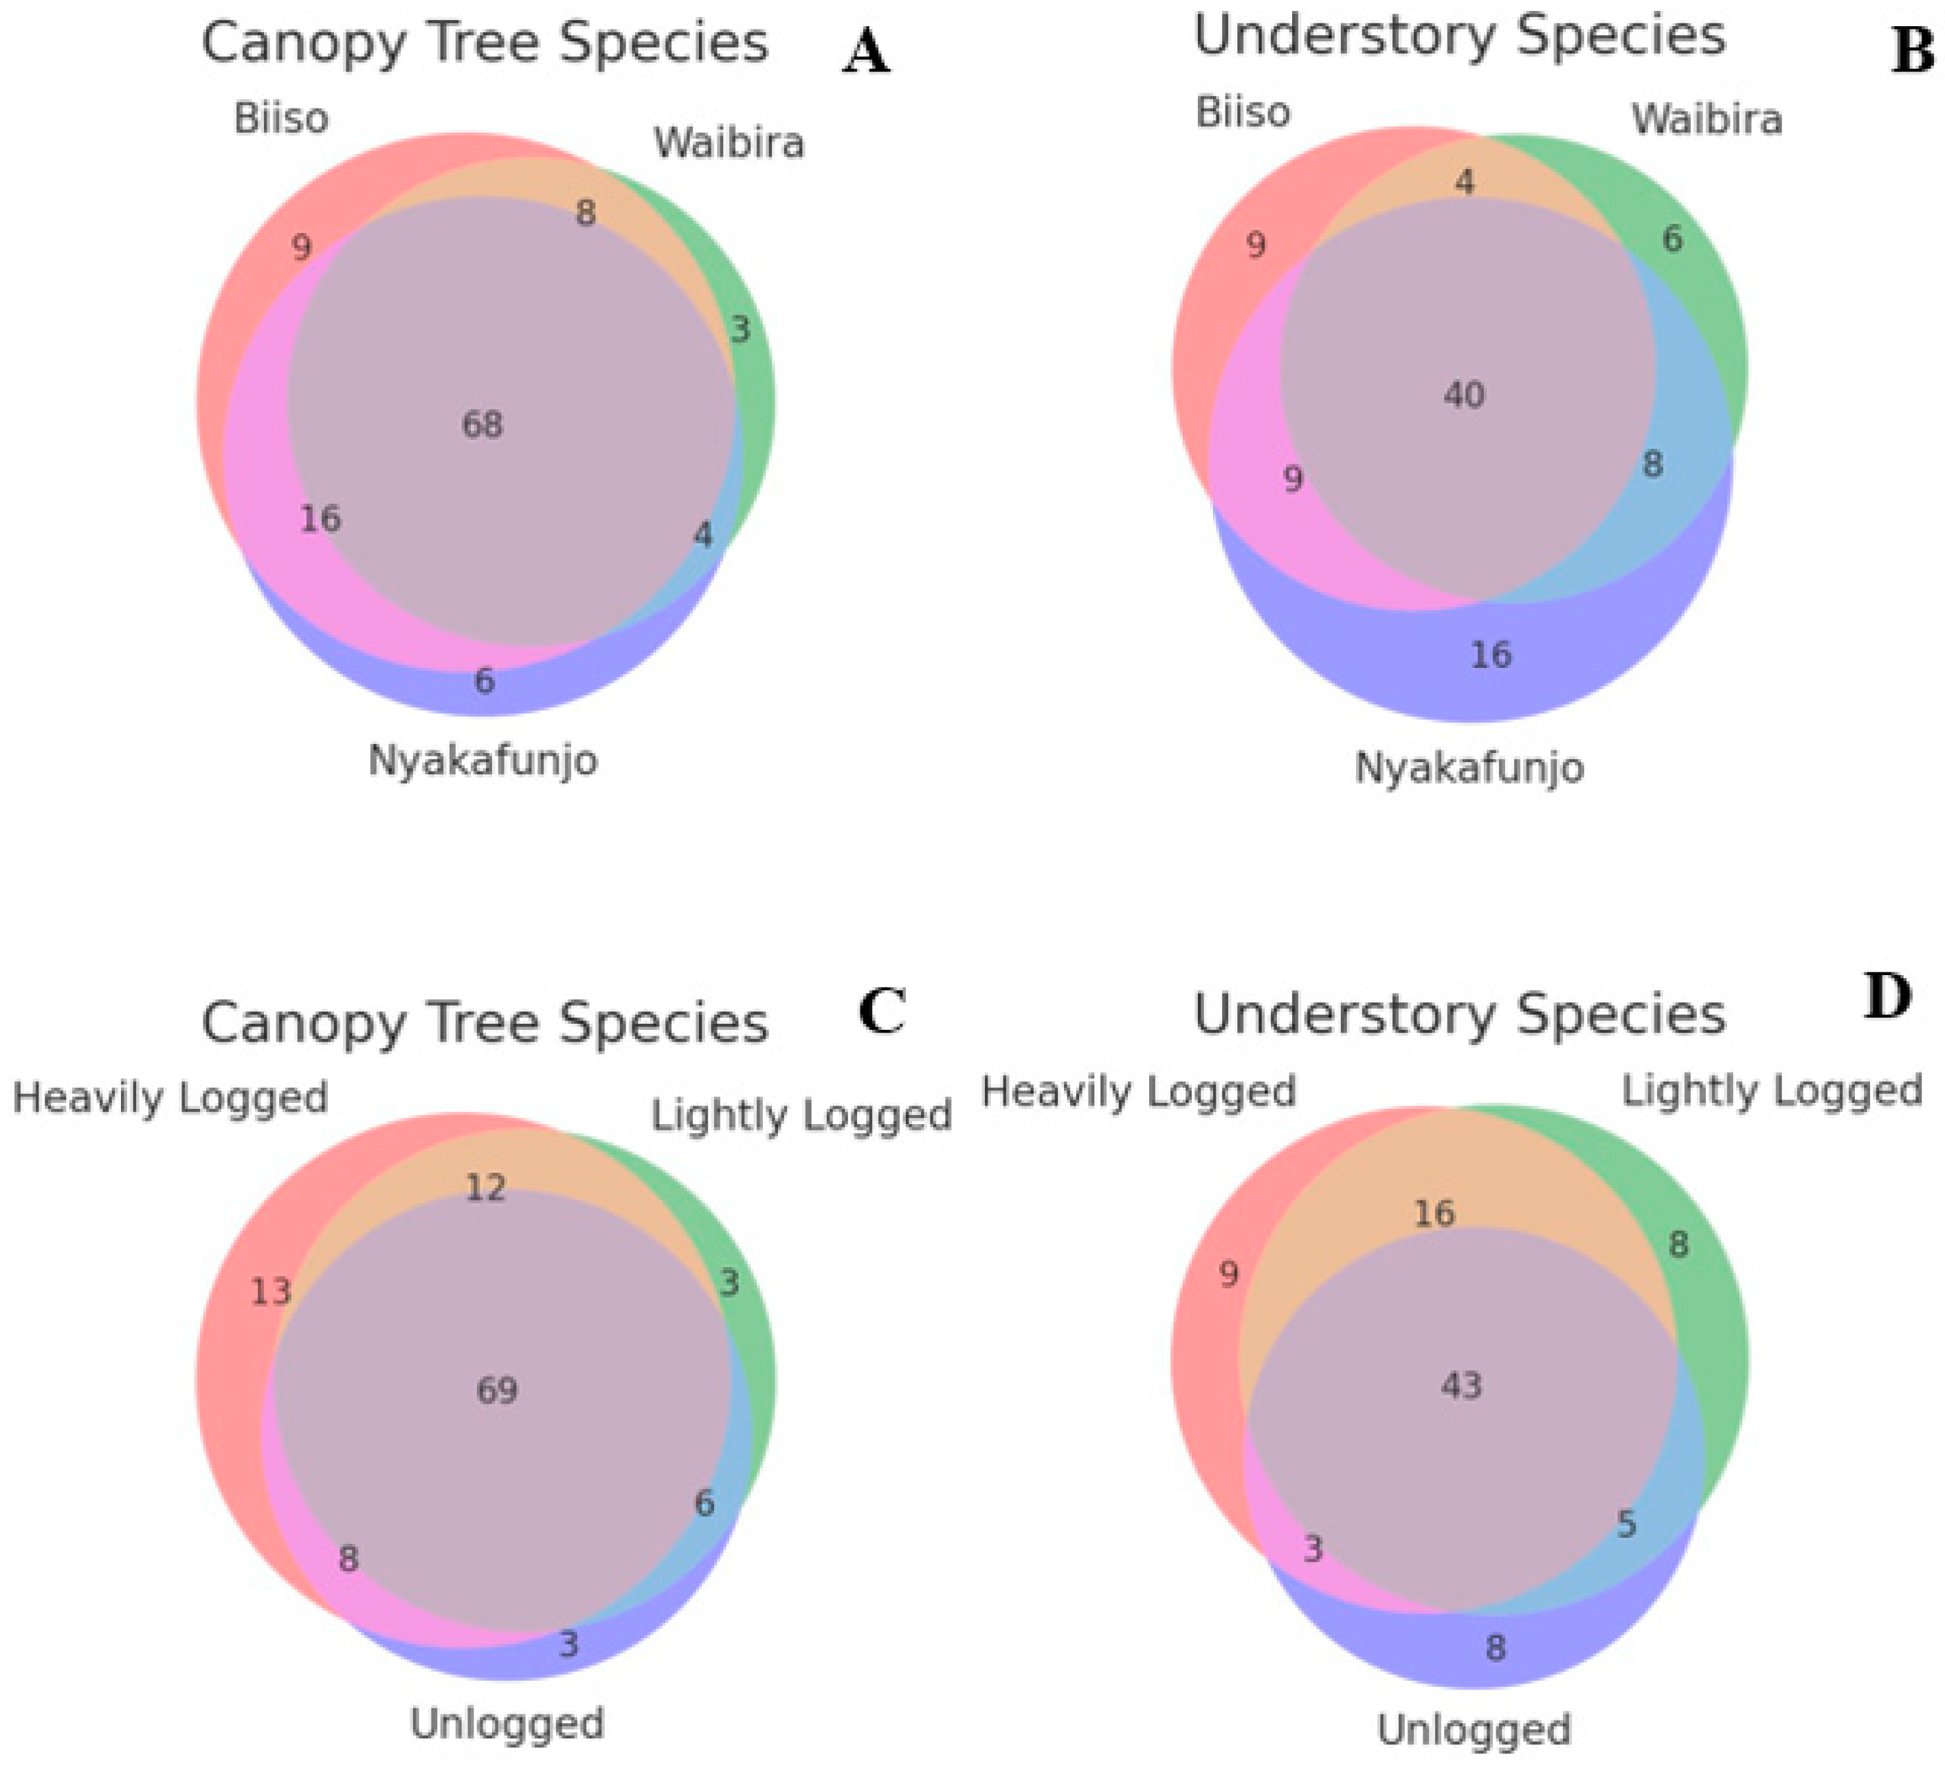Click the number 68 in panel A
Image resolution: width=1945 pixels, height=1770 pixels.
pos(482,425)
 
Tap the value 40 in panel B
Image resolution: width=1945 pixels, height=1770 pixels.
pos(1464,394)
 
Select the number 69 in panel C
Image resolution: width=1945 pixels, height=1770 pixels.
pos(497,1390)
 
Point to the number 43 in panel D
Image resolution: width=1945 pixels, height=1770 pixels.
pos(1460,1386)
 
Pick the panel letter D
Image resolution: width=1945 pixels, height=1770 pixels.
pos(1887,998)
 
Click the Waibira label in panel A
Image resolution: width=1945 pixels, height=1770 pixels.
pos(729,144)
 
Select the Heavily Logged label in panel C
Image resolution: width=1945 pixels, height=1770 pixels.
pos(170,1098)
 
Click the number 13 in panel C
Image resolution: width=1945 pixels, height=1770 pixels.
pos(270,1290)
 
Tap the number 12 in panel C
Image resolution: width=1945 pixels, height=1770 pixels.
pos(485,1187)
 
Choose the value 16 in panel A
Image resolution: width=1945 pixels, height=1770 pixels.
pos(320,519)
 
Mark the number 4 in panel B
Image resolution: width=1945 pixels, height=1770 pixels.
pos(1465,181)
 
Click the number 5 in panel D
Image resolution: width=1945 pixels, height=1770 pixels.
pos(1625,1524)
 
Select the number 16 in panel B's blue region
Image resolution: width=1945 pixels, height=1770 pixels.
pos(1491,655)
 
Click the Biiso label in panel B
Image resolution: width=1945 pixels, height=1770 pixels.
pos(1243,113)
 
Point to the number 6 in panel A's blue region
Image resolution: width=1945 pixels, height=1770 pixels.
pos(485,681)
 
